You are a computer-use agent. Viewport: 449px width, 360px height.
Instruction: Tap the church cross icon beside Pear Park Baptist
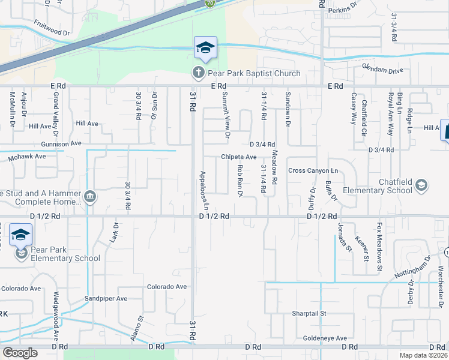click(x=198, y=73)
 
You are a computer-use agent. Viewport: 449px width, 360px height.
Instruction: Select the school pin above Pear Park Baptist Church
click(x=205, y=48)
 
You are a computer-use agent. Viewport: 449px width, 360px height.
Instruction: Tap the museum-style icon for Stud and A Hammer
click(x=90, y=197)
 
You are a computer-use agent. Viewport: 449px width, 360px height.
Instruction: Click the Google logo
click(x=20, y=353)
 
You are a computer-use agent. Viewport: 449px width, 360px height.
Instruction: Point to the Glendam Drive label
click(x=382, y=71)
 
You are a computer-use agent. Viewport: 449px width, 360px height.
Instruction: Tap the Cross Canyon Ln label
click(x=313, y=170)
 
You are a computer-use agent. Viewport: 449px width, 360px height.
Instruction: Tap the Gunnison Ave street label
click(x=61, y=144)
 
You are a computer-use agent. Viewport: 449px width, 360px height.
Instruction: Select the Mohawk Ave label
click(x=27, y=156)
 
